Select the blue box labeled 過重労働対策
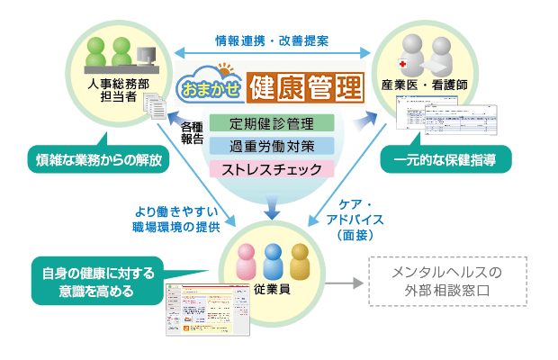tap(271, 145)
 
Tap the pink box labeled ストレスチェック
tap(271, 167)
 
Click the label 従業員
tap(271, 291)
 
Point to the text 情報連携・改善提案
tap(271, 41)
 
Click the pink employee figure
tap(246, 261)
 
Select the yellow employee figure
tap(300, 261)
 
